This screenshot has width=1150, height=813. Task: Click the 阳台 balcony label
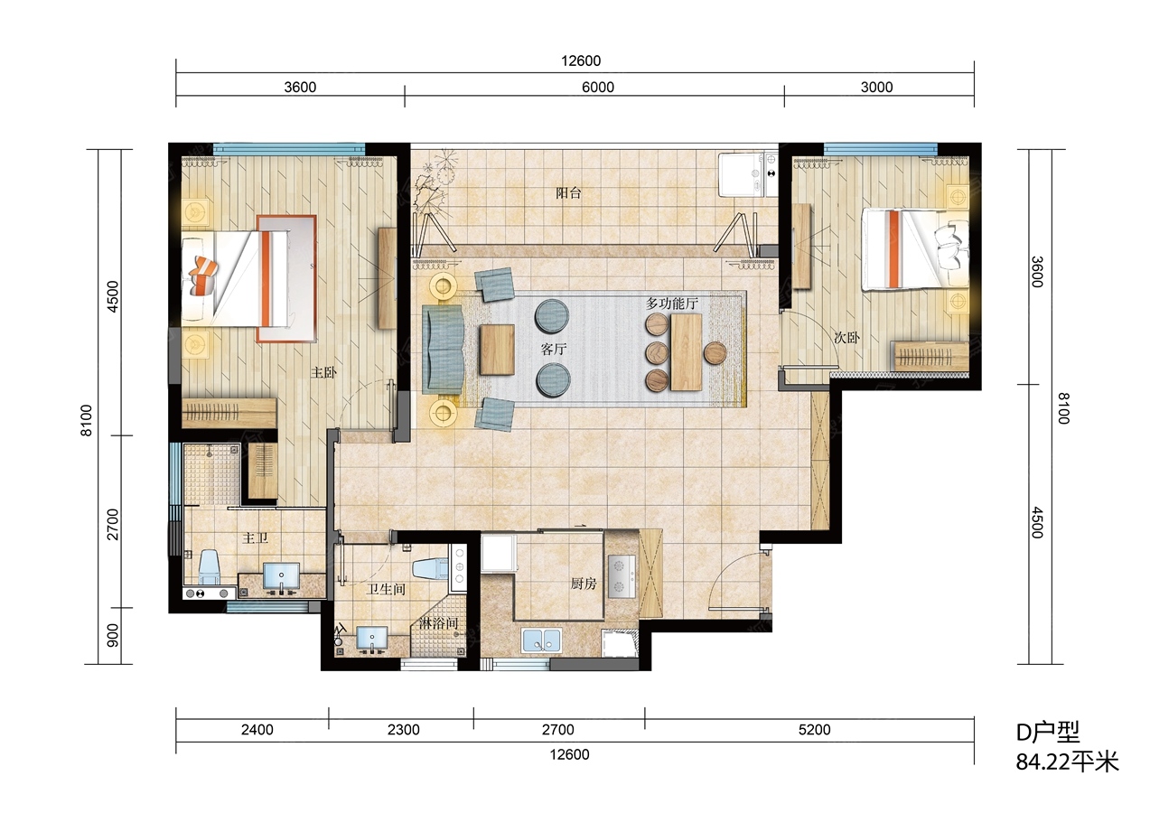[x=568, y=193]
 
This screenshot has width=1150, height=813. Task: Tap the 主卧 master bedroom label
[x=323, y=372]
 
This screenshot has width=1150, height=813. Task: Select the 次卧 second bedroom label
[x=846, y=337]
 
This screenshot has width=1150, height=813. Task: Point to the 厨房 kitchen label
[x=584, y=583]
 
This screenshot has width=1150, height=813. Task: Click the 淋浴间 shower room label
[x=438, y=623]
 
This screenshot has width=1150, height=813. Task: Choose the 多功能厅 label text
[x=672, y=303]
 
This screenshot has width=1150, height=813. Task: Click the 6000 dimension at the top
[x=598, y=88]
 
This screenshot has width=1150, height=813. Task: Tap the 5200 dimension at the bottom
[x=814, y=729]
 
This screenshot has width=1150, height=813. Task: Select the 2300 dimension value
[x=404, y=729]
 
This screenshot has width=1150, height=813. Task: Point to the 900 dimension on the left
[x=112, y=635]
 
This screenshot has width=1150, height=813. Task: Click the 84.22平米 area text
[x=1067, y=762]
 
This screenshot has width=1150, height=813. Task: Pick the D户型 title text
[x=1048, y=733]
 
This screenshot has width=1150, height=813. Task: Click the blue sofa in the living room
[x=443, y=349]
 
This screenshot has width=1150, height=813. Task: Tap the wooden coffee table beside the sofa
[x=497, y=350]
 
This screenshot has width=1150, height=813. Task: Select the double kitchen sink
[x=541, y=640]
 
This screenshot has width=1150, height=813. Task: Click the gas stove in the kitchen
[x=622, y=575]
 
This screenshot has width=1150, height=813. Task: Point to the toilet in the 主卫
[x=209, y=566]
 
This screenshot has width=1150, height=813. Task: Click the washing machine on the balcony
[x=741, y=174]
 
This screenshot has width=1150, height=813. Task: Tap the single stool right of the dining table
[x=715, y=352]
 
